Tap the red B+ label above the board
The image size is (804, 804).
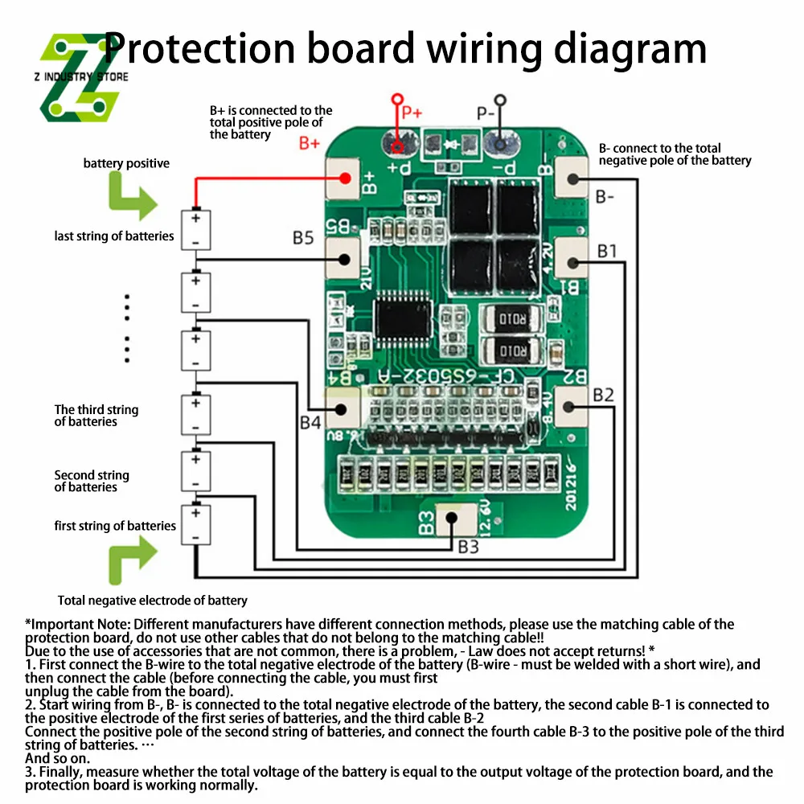[310, 144]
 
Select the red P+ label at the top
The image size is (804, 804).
[411, 113]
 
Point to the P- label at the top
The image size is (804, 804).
[486, 113]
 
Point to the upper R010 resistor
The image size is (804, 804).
[511, 320]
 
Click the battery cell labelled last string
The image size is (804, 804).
[195, 229]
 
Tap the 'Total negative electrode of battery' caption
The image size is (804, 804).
[153, 600]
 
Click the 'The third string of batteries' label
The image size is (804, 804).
[96, 416]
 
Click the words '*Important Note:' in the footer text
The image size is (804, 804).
[76, 624]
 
